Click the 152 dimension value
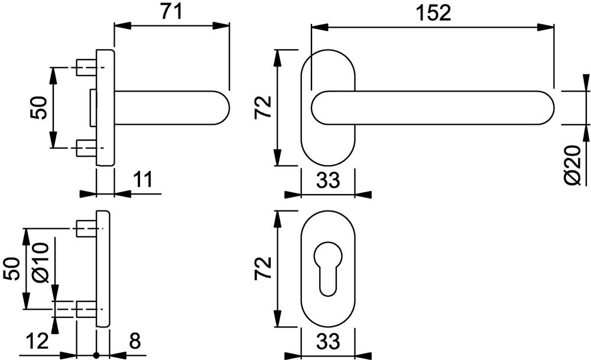click(433, 13)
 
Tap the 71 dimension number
click(171, 11)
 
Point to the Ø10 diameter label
click(41, 262)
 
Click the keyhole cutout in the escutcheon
click(328, 269)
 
